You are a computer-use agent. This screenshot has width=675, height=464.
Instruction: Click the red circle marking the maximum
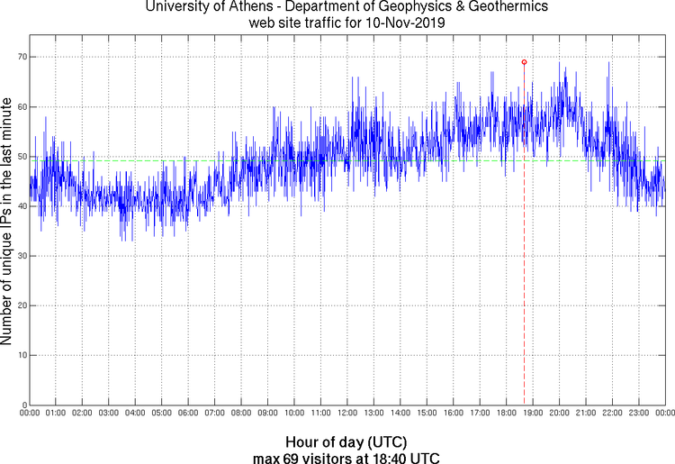pos(524,62)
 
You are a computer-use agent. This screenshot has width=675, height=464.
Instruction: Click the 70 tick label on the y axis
pos(20,57)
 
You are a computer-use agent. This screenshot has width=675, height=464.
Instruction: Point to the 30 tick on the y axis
pos(20,256)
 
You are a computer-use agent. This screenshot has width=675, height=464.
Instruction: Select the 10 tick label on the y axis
pos(20,355)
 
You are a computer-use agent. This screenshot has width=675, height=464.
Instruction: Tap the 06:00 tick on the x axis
pos(188,414)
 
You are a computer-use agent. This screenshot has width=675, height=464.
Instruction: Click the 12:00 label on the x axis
pos(347,414)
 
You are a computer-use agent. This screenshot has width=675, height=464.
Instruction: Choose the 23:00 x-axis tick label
pos(638,414)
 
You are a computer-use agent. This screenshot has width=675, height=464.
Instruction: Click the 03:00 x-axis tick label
pos(108,414)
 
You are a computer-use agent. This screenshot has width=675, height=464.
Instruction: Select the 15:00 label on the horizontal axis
pos(427,414)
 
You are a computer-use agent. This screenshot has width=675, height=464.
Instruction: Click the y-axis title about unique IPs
pos(7,222)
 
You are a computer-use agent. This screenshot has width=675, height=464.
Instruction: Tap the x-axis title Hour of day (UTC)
pos(346,441)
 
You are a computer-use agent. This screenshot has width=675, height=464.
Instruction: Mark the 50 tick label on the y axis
pos(20,157)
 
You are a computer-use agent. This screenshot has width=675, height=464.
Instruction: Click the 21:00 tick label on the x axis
pos(585,414)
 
